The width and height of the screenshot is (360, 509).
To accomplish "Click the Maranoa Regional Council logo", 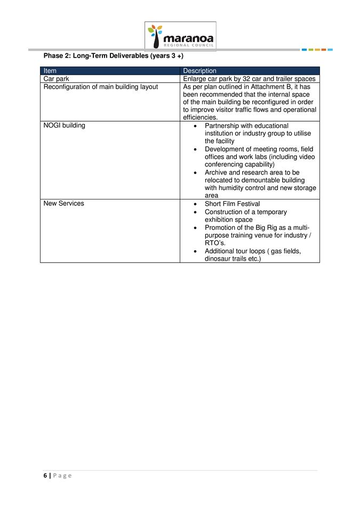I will tap(181, 36).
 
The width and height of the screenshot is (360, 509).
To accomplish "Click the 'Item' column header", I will tap(50, 71).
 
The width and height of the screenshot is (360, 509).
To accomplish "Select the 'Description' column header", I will tap(199, 71).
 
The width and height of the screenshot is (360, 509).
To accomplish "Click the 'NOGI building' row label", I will tap(64, 126).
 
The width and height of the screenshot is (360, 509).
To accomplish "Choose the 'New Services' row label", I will tap(63, 203).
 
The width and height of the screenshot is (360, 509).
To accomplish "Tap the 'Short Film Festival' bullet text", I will tap(232, 204).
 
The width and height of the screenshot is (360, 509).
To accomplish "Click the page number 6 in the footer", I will tap(45, 475).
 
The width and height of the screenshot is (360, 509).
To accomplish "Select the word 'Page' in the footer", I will tap(62, 475).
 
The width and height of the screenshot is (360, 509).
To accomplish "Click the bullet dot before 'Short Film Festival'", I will tap(197, 204).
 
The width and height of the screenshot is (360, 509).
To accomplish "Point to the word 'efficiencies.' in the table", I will tap(200, 117).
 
